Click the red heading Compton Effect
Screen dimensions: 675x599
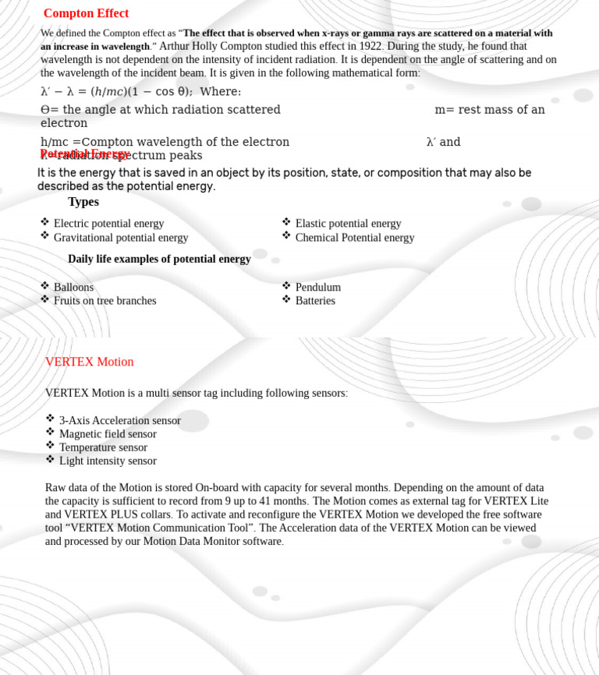click(x=86, y=13)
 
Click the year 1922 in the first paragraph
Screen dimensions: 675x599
click(x=370, y=46)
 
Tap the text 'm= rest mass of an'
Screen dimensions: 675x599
click(x=489, y=110)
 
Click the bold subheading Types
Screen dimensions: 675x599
click(x=83, y=202)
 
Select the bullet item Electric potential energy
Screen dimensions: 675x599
click(x=108, y=224)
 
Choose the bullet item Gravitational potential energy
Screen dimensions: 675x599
click(x=121, y=238)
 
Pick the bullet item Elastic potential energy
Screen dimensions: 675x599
click(x=348, y=224)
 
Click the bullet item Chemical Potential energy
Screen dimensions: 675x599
click(x=355, y=238)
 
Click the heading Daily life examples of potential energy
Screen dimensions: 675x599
click(x=159, y=259)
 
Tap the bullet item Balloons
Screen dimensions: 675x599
click(x=73, y=287)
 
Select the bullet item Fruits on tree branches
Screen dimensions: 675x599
click(x=105, y=301)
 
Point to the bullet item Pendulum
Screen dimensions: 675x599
click(x=318, y=287)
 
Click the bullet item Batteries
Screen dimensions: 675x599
click(x=315, y=301)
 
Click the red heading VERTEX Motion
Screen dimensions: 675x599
click(x=89, y=362)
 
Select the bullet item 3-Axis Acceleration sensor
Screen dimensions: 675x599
click(x=120, y=420)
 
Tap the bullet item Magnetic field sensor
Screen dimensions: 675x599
click(x=108, y=434)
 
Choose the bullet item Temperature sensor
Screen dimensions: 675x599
click(x=103, y=447)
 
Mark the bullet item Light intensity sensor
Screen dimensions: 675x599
click(x=108, y=461)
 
